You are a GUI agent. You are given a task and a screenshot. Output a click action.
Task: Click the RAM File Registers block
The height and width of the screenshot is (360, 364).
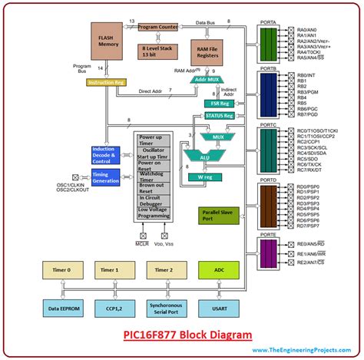coord(210,51)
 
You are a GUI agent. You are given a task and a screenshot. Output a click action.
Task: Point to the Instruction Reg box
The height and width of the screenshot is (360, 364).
coord(106,82)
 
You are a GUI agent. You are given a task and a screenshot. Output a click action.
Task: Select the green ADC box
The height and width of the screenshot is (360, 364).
coord(218,270)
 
